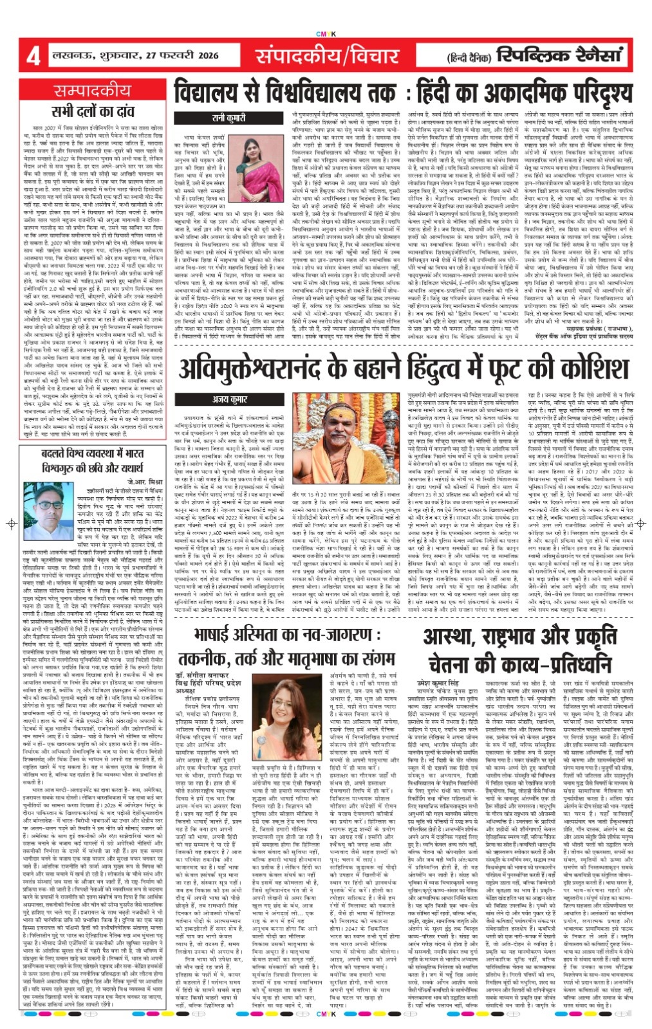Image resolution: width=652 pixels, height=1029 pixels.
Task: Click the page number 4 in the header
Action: pos(32,57)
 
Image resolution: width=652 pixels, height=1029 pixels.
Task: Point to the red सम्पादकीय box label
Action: pos(92,91)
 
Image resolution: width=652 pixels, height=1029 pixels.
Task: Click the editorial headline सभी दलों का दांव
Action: pos(92,112)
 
